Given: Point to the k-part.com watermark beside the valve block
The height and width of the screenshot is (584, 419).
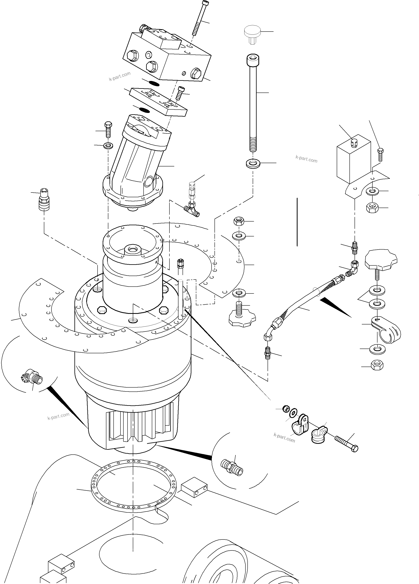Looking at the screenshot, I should [119, 76].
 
